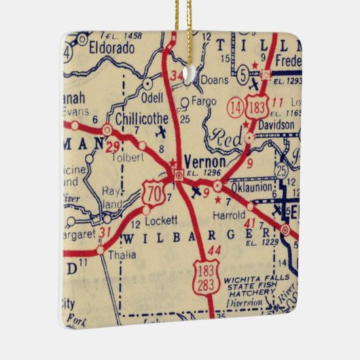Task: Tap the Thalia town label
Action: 123,255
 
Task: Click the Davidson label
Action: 276,126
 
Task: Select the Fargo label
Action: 204,102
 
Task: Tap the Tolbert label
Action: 127,158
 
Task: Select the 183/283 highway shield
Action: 204,277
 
